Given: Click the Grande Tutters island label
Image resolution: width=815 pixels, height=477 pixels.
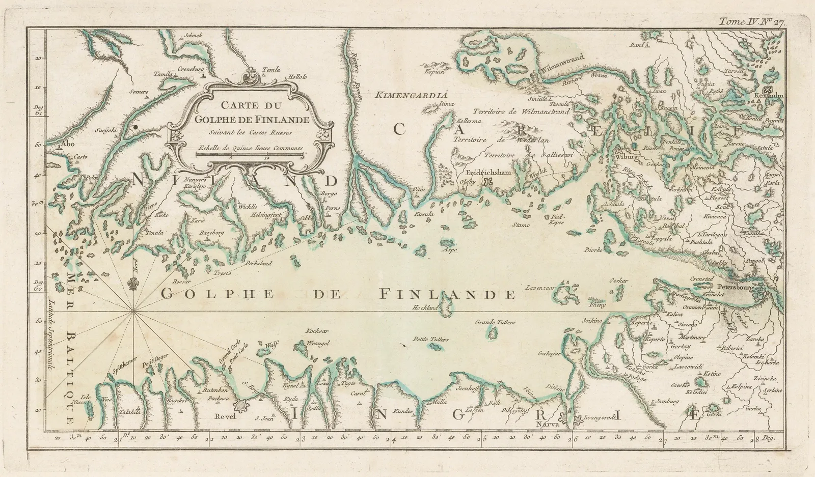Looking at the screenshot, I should (x=495, y=322).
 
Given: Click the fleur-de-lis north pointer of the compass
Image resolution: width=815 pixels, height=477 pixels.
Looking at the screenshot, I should (x=134, y=283).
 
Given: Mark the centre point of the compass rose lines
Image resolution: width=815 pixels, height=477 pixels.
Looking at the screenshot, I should (x=133, y=312).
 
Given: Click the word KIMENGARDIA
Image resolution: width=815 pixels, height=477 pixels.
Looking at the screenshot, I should (x=411, y=94).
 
